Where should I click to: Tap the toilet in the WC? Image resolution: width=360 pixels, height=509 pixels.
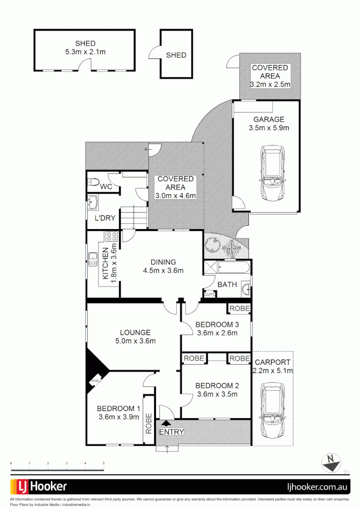pyautogui.click(x=94, y=182)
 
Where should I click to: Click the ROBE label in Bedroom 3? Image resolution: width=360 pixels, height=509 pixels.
pyautogui.click(x=239, y=308)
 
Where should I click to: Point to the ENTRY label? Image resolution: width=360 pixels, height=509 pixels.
pyautogui.click(x=172, y=432)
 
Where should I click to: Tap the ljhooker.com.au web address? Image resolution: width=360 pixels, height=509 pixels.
pyautogui.click(x=318, y=487)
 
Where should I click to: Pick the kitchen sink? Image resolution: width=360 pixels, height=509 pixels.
pyautogui.click(x=92, y=259)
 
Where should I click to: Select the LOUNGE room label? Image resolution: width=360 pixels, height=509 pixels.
pyautogui.click(x=135, y=332)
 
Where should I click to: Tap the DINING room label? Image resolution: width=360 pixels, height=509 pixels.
pyautogui.click(x=163, y=262)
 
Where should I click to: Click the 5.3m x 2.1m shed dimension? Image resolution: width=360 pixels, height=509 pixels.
pyautogui.click(x=85, y=51)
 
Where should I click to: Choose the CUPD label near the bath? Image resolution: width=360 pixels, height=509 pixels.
pyautogui.click(x=209, y=295)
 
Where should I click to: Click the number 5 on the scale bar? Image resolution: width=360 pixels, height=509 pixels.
pyautogui.click(x=104, y=464)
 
